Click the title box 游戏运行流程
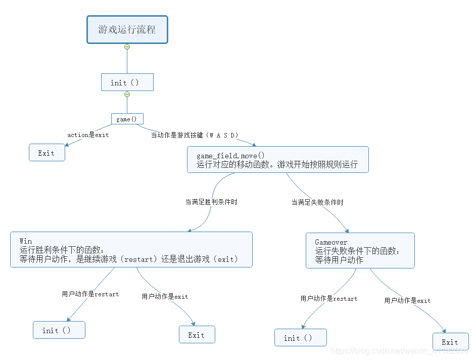(x=127, y=29)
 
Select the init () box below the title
(x=127, y=82)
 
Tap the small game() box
(x=127, y=119)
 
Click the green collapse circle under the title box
(x=127, y=47)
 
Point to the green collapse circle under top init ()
(x=127, y=95)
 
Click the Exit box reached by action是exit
(x=46, y=153)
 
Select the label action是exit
(x=88, y=135)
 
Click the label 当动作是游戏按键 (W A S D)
(x=195, y=135)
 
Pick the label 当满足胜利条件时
(x=211, y=202)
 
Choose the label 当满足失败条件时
(x=317, y=202)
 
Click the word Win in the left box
(x=26, y=241)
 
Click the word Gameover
(x=331, y=242)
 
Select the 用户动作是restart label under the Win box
(x=90, y=294)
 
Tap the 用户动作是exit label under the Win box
(x=165, y=296)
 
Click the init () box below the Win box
(x=59, y=330)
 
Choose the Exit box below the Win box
(x=197, y=335)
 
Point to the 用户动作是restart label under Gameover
(x=329, y=298)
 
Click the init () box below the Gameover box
(x=300, y=338)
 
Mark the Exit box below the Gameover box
(x=450, y=342)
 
